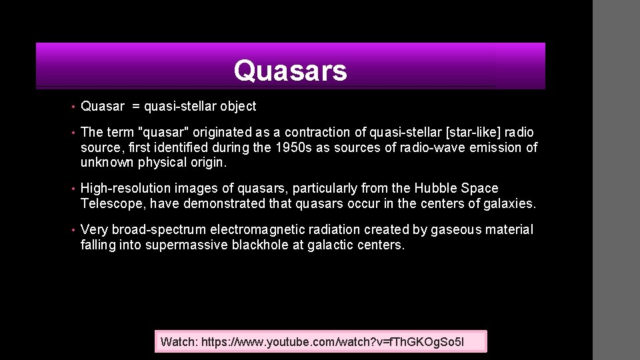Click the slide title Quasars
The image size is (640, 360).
(x=290, y=71)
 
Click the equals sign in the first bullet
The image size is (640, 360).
(x=135, y=106)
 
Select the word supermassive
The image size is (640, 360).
(x=186, y=245)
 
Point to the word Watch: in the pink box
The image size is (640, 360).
(x=179, y=342)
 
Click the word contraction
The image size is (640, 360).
(x=315, y=133)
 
